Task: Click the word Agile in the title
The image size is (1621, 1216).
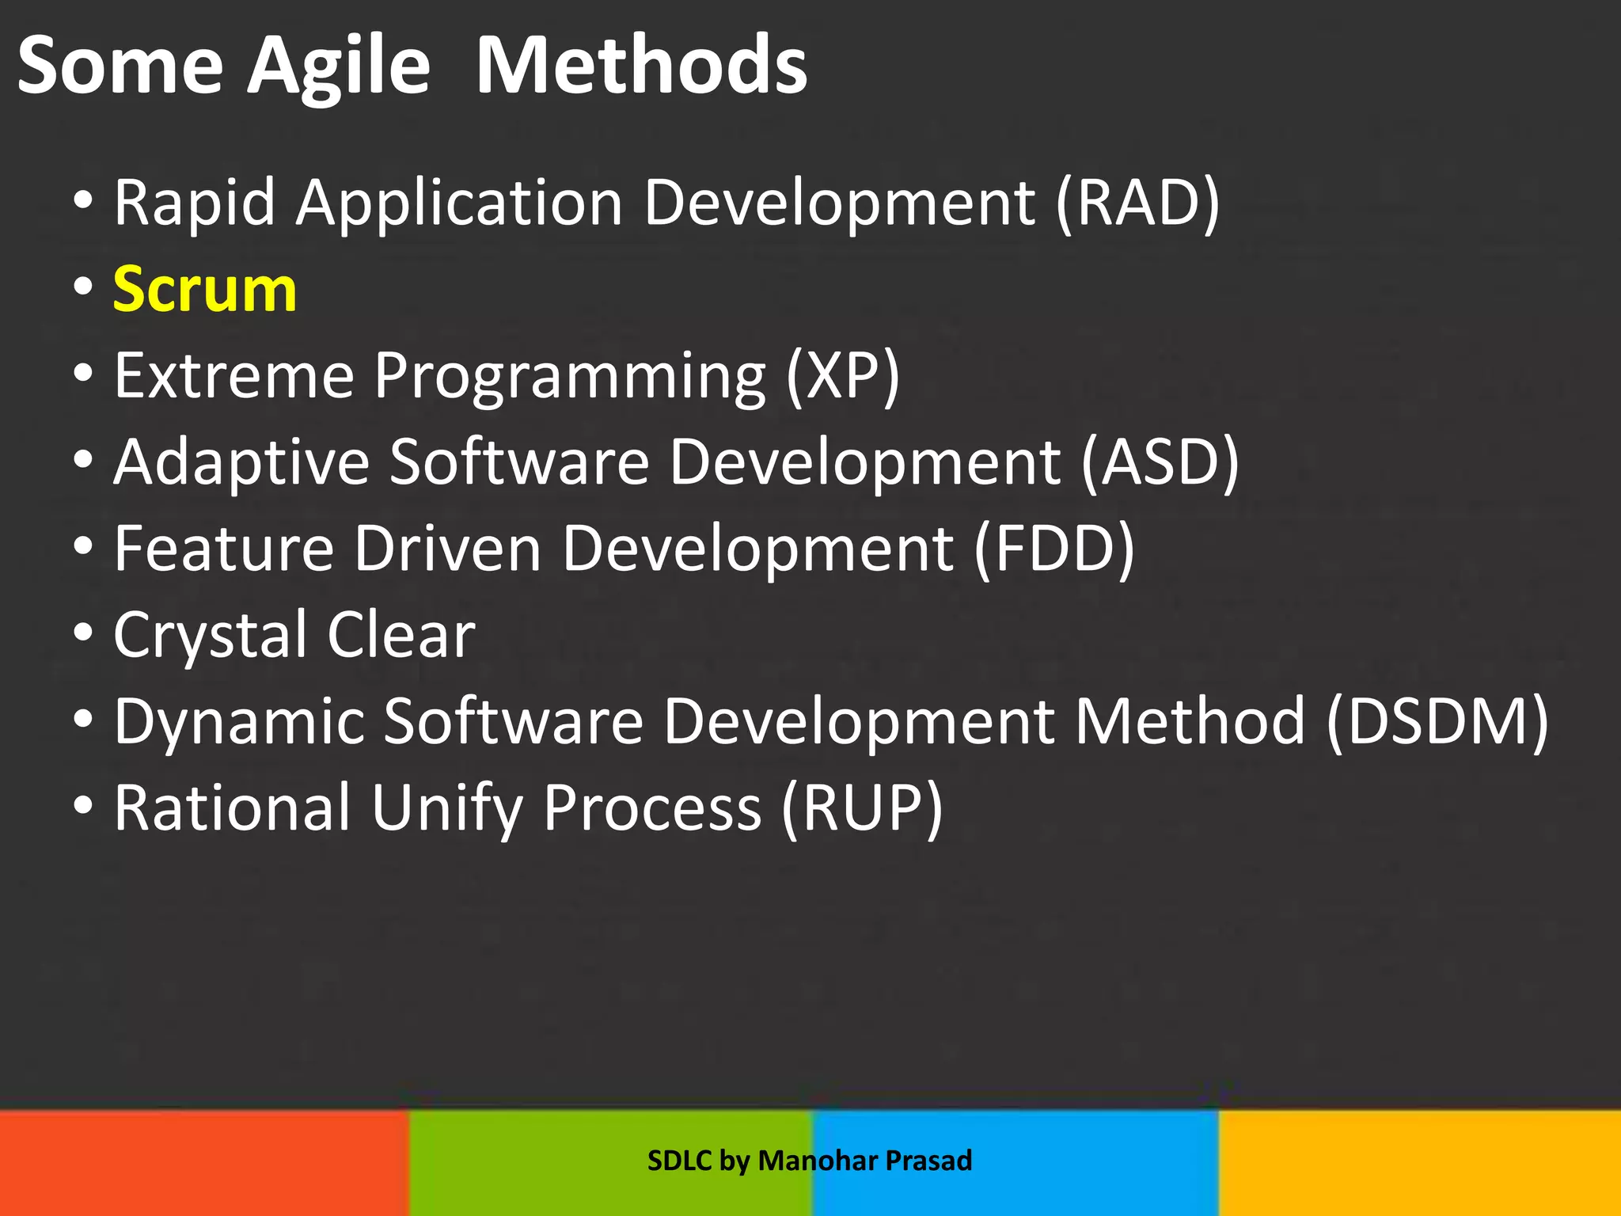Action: tap(339, 66)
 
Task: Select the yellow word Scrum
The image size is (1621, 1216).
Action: tap(204, 290)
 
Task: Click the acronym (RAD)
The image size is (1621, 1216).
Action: tap(1137, 203)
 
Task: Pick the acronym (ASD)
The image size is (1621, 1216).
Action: tap(1160, 462)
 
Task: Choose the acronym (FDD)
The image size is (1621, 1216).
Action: tap(1053, 549)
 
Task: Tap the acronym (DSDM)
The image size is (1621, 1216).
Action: tap(1437, 721)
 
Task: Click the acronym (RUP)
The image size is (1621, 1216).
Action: tap(862, 808)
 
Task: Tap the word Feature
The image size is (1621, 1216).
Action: tap(224, 549)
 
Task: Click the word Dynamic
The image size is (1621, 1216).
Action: tap(239, 721)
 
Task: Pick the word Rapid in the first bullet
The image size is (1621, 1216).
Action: tap(194, 203)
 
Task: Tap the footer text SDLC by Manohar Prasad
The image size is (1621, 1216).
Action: tap(809, 1161)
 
